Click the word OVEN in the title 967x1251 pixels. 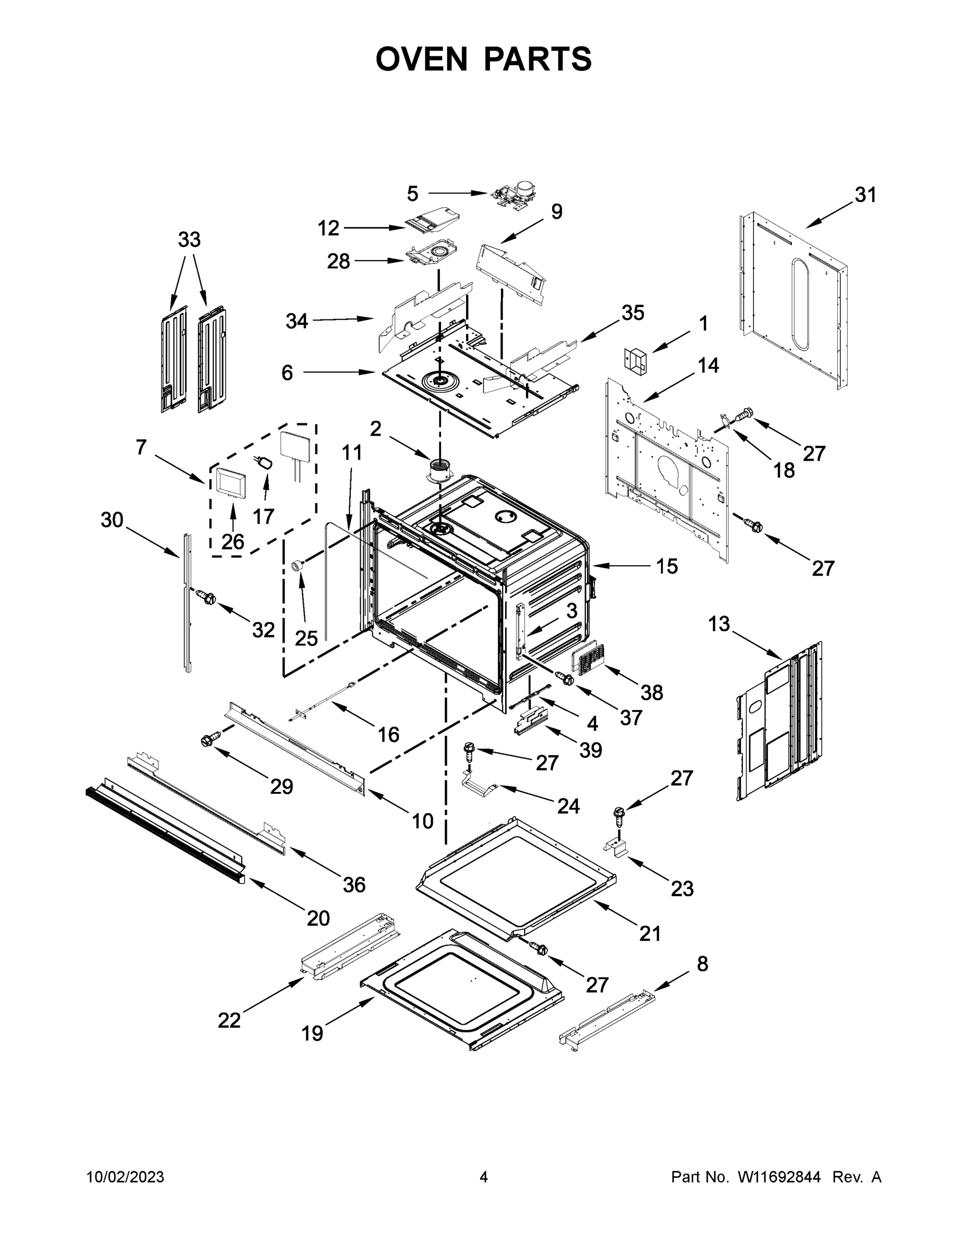(422, 59)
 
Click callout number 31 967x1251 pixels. (865, 195)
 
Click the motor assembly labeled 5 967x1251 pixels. (513, 195)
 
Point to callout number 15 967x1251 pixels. (667, 567)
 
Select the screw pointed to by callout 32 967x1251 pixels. (204, 597)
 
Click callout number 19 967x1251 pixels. (312, 1033)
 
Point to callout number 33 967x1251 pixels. (189, 239)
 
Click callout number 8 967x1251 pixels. (702, 963)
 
